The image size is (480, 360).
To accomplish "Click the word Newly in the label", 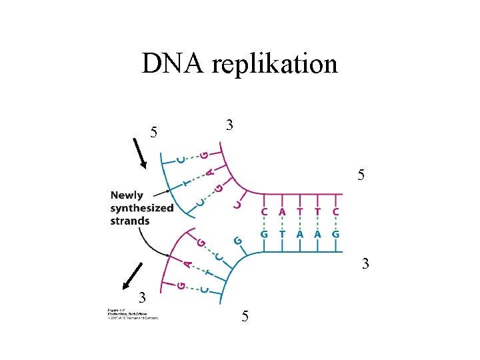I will point(127,195).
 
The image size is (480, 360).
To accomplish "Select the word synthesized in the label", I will point(142,208).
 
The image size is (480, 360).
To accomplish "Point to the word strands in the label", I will point(130,221).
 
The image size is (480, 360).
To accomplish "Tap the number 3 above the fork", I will point(229,125).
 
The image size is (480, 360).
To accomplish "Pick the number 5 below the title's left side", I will point(153,133).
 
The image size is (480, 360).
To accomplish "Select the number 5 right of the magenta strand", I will point(361,176).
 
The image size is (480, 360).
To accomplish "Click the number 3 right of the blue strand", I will point(365,265).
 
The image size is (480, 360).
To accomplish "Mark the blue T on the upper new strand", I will point(188,180).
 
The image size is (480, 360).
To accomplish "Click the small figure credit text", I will point(132,315).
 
